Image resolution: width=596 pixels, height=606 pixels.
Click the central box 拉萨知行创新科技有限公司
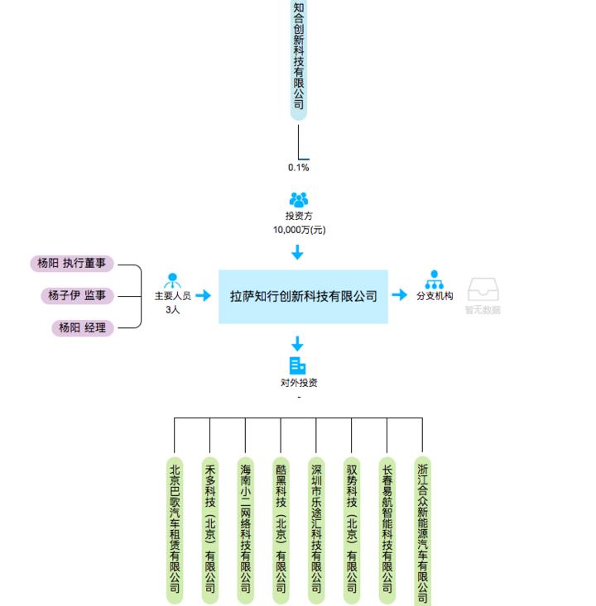303,296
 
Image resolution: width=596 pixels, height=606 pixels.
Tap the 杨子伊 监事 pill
78,295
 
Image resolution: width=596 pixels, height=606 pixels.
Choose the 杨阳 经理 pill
83,327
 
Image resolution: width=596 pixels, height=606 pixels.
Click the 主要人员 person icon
173,280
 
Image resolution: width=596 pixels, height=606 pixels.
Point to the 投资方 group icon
299,200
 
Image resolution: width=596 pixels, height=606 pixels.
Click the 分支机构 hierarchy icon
434,280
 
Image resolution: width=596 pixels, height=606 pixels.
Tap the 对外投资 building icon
298,365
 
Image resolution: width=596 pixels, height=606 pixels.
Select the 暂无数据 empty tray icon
483,290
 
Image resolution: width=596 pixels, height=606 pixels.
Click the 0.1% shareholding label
299,168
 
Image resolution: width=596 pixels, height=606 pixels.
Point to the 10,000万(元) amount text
299,230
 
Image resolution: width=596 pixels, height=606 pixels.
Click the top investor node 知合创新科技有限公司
299,58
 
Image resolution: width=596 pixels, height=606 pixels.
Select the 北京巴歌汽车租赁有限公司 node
175,529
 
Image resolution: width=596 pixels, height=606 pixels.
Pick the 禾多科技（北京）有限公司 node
210,529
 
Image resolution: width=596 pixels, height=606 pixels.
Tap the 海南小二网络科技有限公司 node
246,529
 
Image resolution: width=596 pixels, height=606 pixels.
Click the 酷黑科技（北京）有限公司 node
281,529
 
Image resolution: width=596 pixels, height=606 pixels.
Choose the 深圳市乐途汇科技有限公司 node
316,529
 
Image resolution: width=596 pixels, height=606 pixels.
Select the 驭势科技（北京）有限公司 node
352,529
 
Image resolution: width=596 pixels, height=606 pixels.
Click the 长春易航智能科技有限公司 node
387,529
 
